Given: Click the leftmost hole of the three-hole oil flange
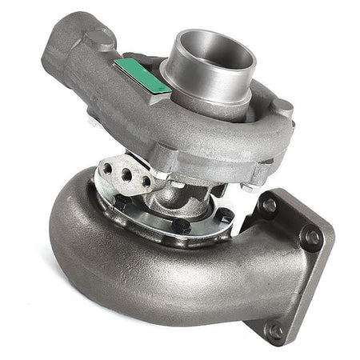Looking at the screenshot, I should pyautogui.click(x=106, y=169).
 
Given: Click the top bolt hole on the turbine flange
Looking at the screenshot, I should pyautogui.click(x=270, y=205).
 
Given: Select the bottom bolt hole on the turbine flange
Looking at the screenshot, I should pyautogui.click(x=275, y=329).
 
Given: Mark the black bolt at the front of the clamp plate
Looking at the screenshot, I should pyautogui.click(x=182, y=226).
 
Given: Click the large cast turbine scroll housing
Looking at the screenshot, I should pyautogui.click(x=120, y=264).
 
